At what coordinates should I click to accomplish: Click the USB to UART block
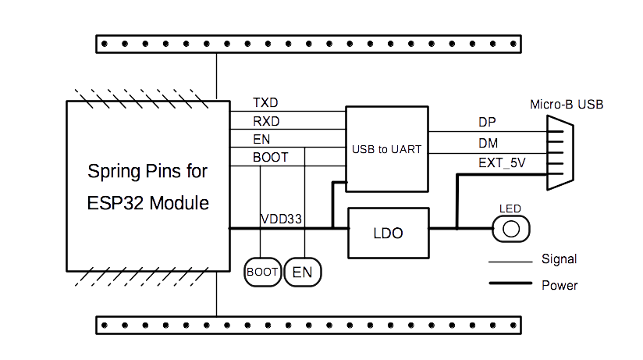tap(387, 149)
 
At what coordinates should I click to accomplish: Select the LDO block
tap(388, 233)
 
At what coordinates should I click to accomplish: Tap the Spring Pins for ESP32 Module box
tap(148, 186)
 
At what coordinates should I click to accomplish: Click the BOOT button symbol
tap(262, 272)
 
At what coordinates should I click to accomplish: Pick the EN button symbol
tap(302, 272)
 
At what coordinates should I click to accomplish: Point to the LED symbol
tap(511, 229)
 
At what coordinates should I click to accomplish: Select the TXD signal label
tap(265, 103)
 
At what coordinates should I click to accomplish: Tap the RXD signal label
tap(266, 121)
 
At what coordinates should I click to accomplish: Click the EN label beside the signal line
tap(261, 140)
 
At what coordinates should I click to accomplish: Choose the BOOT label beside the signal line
tap(270, 158)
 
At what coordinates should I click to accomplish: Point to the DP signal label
tap(487, 123)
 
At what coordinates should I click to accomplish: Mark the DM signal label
tap(488, 143)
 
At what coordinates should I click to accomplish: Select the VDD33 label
tap(281, 219)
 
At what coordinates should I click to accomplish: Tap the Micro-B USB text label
tap(567, 104)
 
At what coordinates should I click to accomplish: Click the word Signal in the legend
tap(559, 259)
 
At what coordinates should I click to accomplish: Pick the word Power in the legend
tap(560, 285)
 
